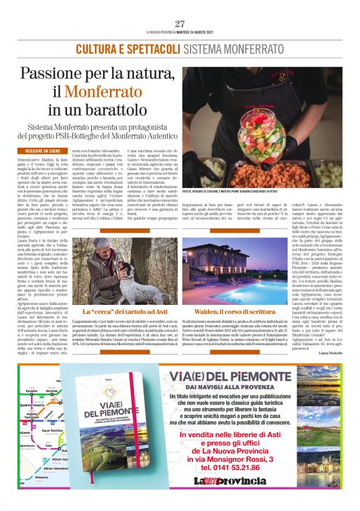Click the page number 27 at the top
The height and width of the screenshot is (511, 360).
[180, 24]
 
